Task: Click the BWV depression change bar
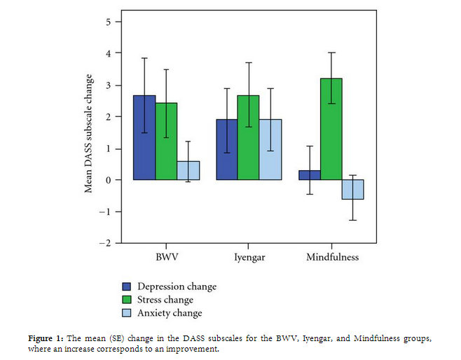[144, 138]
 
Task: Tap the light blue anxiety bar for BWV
[188, 171]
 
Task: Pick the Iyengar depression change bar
[226, 150]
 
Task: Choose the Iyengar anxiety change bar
[270, 150]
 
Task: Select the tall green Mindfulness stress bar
[330, 130]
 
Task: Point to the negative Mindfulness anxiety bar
[352, 190]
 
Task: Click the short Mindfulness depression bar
[308, 175]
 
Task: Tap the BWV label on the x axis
[166, 257]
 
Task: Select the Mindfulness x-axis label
[332, 257]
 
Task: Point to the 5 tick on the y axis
[109, 22]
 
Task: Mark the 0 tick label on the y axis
[109, 180]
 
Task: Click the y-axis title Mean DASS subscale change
[89, 133]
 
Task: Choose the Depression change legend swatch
[127, 286]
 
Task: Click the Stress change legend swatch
[127, 300]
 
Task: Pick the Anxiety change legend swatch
[127, 313]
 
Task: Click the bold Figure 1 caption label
[46, 338]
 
